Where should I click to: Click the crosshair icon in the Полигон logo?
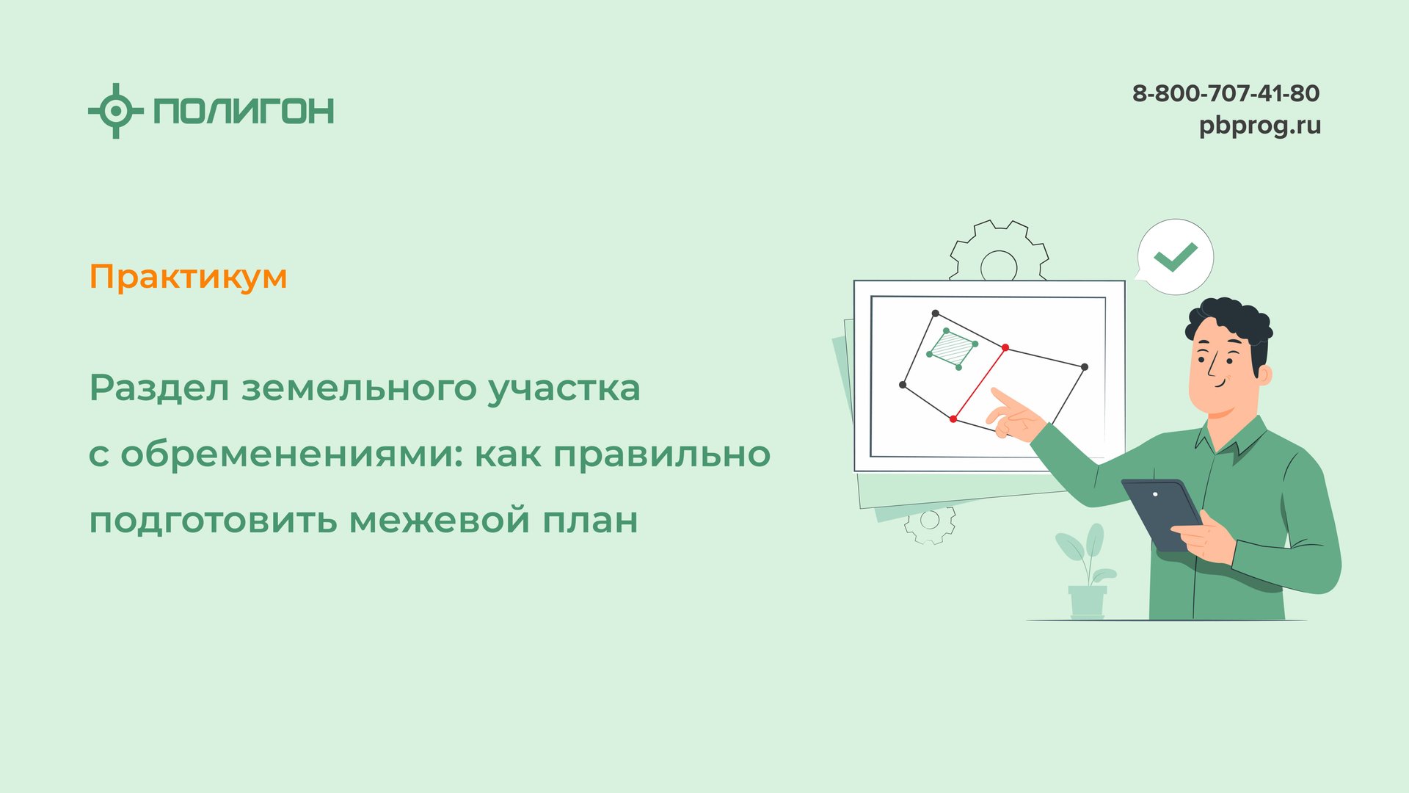point(115,111)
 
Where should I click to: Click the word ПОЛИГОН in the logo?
point(244,111)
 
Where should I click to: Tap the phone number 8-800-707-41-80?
point(1226,93)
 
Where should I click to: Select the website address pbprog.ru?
point(1259,126)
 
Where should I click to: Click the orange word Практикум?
point(188,277)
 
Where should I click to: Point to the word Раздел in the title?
point(159,388)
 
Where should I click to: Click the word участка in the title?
point(564,388)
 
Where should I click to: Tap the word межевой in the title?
point(440,520)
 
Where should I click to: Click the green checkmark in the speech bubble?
point(1175,256)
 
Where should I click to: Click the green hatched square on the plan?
point(953,348)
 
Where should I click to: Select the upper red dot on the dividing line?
point(1005,347)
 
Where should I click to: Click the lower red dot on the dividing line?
point(953,419)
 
